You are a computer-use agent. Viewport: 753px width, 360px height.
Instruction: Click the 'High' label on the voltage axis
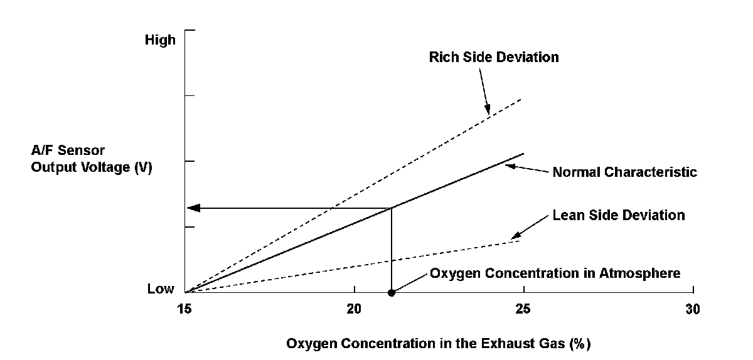tap(160, 40)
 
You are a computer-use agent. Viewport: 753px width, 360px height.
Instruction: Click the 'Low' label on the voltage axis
tap(161, 289)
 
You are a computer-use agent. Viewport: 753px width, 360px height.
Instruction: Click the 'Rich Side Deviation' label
tap(494, 57)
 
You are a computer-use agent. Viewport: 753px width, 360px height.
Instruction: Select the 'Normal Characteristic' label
tap(624, 172)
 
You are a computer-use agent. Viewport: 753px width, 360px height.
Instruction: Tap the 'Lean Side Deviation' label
tap(619, 215)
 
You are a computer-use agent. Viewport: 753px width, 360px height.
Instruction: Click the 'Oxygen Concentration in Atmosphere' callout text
tap(555, 273)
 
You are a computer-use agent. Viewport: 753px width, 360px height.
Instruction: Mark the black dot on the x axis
tap(392, 292)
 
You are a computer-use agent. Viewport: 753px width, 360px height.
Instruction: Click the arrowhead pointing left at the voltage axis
tap(194, 208)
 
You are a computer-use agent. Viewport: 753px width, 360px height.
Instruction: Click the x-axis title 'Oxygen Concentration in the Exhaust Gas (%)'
tap(439, 344)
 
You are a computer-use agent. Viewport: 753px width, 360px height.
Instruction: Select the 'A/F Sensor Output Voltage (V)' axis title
tap(92, 160)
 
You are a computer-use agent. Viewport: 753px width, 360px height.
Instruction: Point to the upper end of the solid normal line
tap(523, 154)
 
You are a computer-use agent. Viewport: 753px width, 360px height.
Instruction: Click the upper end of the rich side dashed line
tap(521, 99)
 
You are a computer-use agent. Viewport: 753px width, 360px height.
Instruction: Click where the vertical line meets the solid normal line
tap(392, 208)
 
